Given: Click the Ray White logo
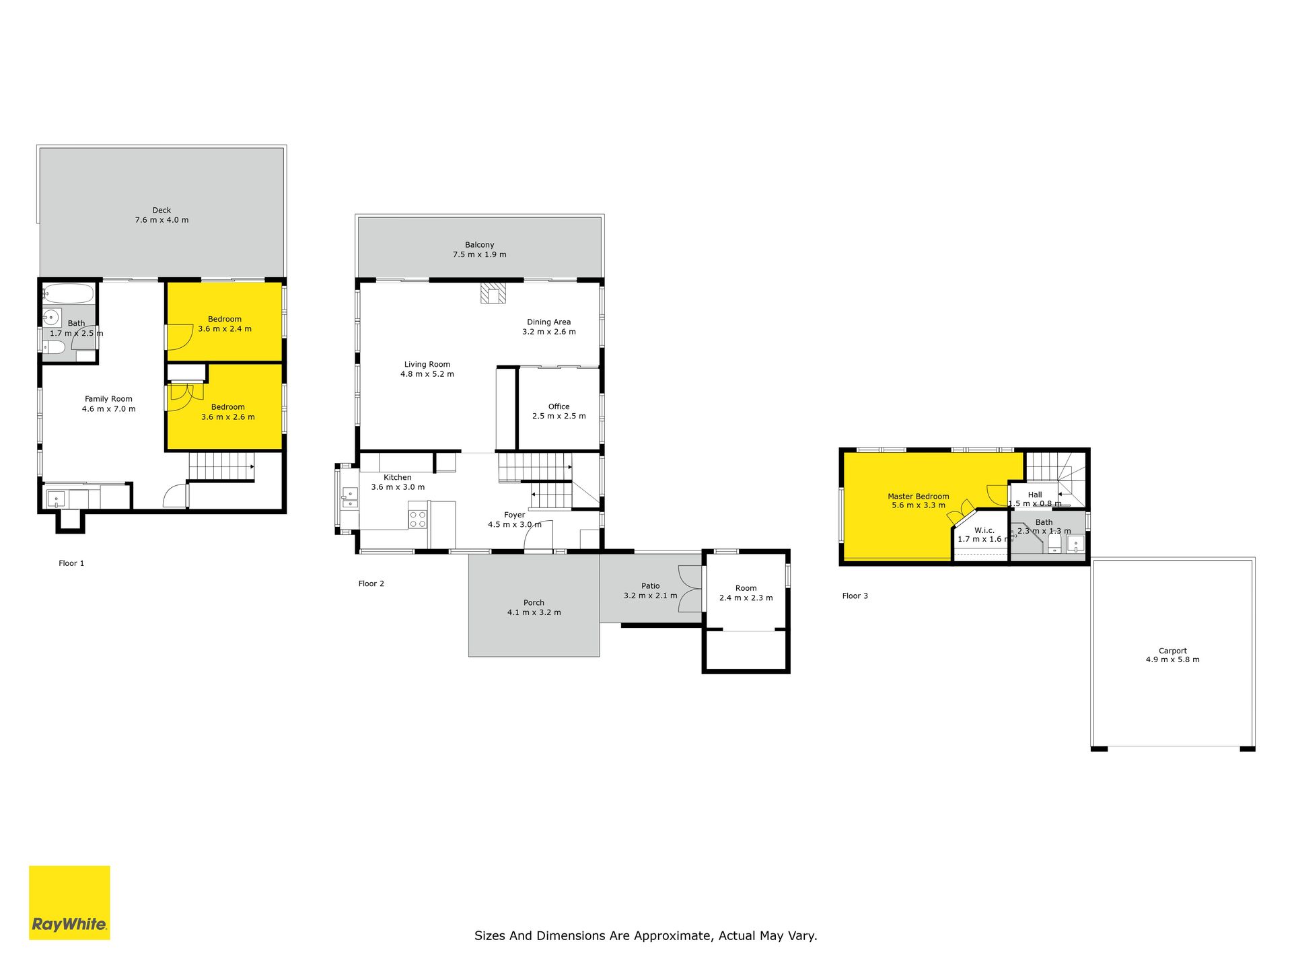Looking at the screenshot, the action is coord(69,902).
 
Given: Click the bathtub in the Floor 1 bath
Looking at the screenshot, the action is coord(69,294).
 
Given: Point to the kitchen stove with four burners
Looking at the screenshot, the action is coord(418,519).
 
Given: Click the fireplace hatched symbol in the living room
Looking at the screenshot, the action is coord(493,293).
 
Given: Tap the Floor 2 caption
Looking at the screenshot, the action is coord(371,584).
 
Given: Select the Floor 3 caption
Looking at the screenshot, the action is coord(855,596).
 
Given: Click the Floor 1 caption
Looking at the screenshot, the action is coord(71,564).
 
